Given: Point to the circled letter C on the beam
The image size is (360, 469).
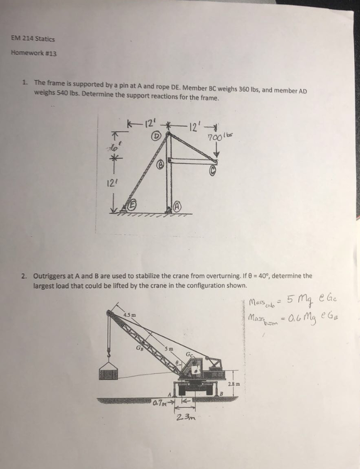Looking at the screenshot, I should pos(213,171).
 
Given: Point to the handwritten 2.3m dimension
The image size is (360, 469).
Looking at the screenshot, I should pos(182,418).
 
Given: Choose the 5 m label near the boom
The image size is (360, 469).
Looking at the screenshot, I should pos(168,349).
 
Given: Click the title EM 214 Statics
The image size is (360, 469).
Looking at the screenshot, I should pos(33,38).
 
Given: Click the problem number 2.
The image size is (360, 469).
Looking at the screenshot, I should pos(23,276).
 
